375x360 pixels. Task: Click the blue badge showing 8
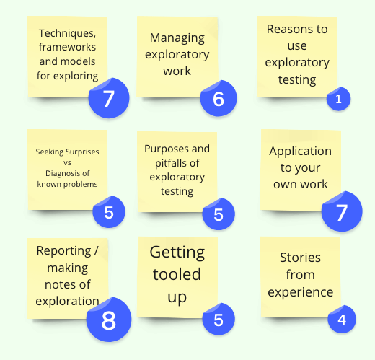click(109, 320)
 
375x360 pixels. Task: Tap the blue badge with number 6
click(219, 98)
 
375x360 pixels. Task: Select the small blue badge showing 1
click(338, 99)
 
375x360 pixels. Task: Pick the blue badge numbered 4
click(342, 319)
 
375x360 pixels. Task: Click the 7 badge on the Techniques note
click(109, 98)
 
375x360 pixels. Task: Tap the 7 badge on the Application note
click(342, 211)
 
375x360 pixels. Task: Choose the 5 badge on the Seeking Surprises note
click(109, 211)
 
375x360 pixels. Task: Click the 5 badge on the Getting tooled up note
click(219, 319)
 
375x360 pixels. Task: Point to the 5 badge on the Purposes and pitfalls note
click(219, 214)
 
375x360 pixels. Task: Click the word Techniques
click(67, 33)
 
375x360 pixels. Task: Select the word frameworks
click(67, 47)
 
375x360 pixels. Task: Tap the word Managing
click(177, 38)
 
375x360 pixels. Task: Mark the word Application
click(300, 152)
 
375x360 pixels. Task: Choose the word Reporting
click(63, 251)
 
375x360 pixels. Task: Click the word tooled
click(177, 274)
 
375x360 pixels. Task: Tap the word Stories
click(300, 258)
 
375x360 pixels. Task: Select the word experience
click(301, 293)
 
